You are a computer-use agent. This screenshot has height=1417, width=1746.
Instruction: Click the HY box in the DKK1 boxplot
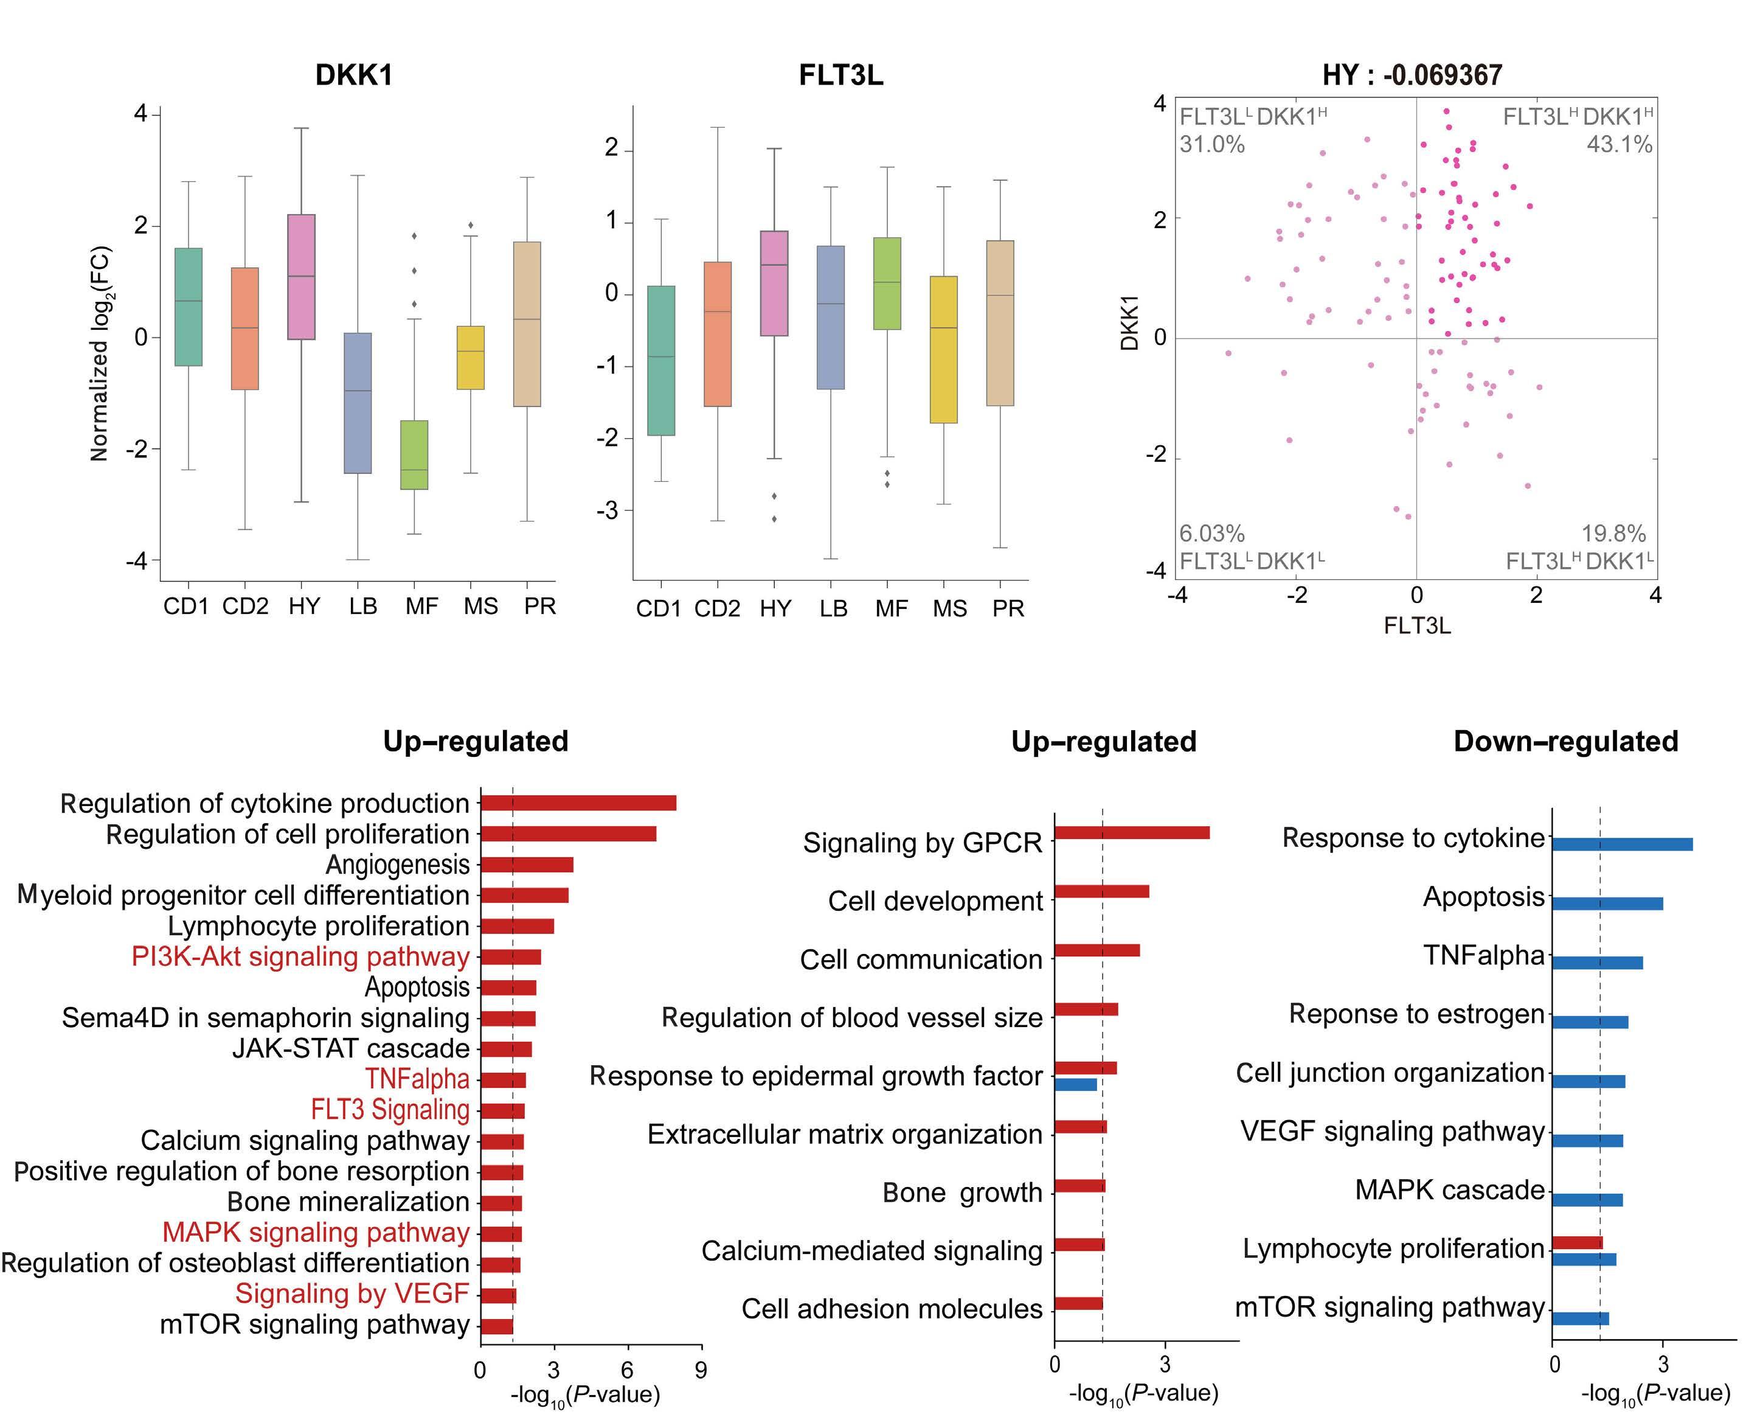[301, 277]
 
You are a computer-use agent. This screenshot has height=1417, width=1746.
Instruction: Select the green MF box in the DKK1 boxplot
[415, 454]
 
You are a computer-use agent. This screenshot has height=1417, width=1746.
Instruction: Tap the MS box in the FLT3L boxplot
[943, 349]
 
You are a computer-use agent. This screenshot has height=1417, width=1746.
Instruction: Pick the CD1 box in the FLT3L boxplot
[661, 361]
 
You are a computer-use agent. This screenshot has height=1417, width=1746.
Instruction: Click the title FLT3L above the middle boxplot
[840, 75]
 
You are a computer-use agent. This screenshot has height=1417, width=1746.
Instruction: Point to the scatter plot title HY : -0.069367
[1412, 75]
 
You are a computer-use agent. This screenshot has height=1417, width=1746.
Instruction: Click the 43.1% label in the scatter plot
[1619, 144]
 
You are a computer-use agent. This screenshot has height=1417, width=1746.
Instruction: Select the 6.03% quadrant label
[1211, 534]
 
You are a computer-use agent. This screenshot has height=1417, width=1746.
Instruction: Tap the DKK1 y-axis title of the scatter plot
[1130, 322]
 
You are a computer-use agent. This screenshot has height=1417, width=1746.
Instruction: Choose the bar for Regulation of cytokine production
[578, 803]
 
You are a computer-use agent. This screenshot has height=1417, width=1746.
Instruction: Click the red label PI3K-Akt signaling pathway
[300, 956]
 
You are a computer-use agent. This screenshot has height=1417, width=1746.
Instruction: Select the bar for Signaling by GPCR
[1132, 832]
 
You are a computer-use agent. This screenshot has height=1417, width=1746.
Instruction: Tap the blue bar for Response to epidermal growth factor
[1076, 1085]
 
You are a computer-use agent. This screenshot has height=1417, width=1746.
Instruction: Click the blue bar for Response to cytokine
[1622, 844]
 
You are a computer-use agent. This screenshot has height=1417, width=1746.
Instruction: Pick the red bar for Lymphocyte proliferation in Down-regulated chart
[1577, 1243]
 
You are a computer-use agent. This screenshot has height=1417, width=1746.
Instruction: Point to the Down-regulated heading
[1566, 741]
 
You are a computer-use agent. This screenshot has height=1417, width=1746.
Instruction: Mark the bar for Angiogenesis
[527, 865]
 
